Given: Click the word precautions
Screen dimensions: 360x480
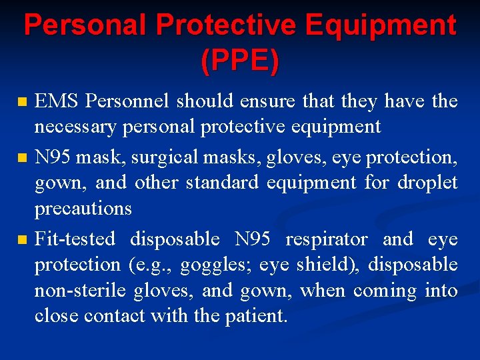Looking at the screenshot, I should click(x=83, y=208).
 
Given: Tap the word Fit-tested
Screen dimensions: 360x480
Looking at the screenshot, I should click(x=75, y=239).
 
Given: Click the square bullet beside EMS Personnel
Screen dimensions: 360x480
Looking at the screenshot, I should click(x=23, y=103).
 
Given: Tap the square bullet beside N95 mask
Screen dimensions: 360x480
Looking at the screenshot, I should click(x=23, y=159).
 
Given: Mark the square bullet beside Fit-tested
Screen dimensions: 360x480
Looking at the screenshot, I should click(x=23, y=240).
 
